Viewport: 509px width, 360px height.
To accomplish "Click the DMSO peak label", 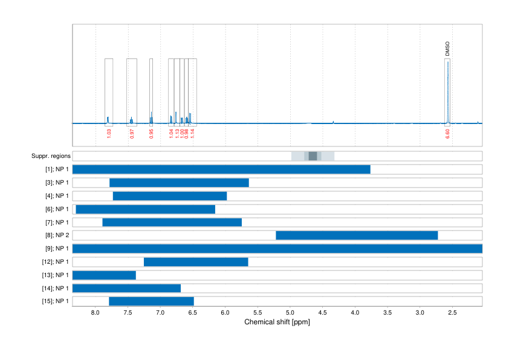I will point(447,49).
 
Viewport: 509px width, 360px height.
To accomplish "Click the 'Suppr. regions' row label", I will point(50,156).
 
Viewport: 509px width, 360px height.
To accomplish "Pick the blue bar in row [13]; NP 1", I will point(104,275).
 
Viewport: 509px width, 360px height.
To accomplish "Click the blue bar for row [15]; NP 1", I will point(151,301).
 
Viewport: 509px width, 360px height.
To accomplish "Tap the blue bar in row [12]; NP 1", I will point(196,262).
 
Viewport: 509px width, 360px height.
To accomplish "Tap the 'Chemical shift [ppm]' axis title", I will point(277,322).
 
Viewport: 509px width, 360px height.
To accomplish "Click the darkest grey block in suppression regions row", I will point(313,156).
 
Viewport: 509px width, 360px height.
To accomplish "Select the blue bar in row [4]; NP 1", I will point(170,196).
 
